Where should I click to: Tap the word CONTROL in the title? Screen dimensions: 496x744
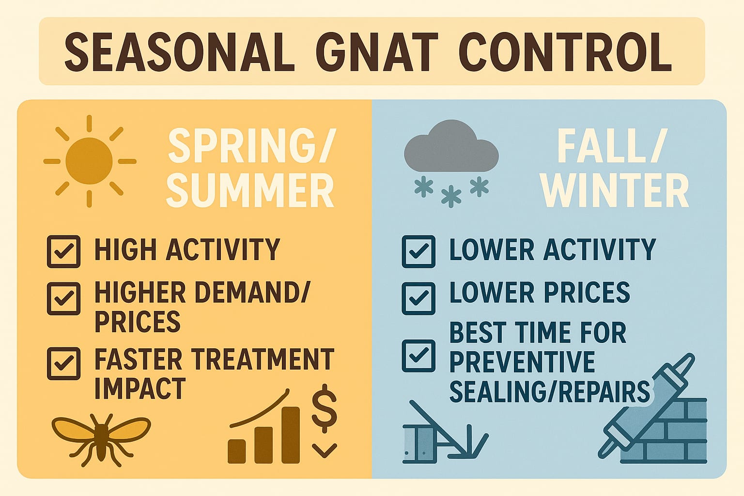[565, 52]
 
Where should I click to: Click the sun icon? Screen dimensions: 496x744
[89, 161]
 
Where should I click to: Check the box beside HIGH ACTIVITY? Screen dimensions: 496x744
[63, 251]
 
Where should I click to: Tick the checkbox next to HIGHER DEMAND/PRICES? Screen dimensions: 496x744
[63, 298]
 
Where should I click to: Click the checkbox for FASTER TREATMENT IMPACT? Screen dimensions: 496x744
[63, 363]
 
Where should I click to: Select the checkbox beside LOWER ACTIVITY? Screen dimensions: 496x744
[418, 251]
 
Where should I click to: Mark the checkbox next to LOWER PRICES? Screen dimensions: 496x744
[418, 298]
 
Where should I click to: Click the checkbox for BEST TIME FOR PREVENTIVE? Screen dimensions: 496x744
[418, 356]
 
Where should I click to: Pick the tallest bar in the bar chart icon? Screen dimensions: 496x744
[290, 434]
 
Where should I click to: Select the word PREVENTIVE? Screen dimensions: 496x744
[522, 362]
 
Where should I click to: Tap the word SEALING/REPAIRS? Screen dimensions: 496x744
[549, 391]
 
